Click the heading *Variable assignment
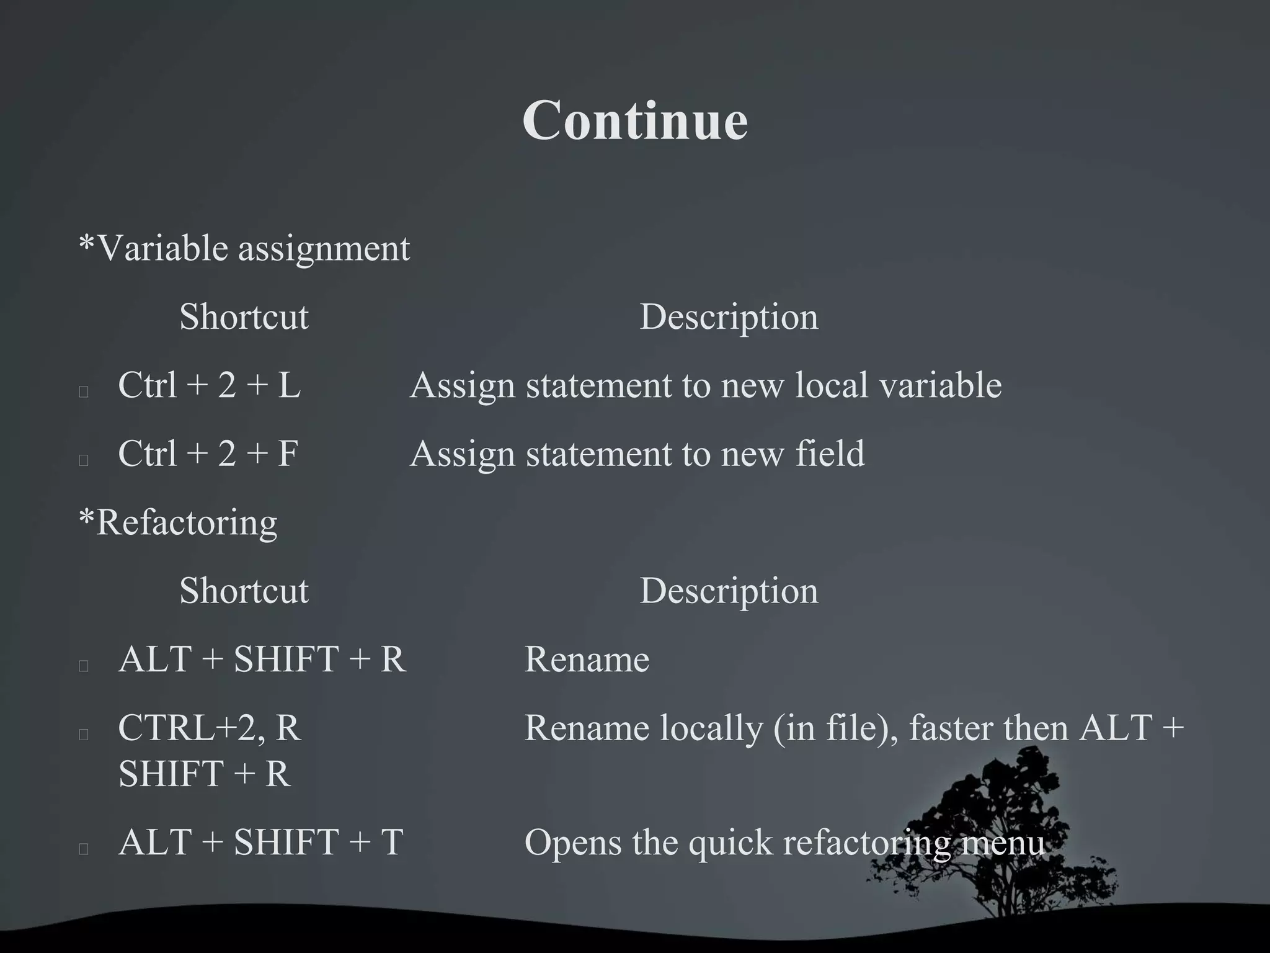244,248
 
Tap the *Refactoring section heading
179,522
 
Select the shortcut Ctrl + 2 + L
209,385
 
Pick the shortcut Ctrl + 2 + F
208,454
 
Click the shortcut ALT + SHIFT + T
260,843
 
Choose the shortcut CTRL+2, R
209,728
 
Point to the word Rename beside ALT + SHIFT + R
587,659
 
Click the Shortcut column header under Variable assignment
244,317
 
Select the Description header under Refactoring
729,591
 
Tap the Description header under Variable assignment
729,317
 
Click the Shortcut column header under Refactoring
244,591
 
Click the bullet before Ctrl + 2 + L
84,391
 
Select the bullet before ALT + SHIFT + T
84,849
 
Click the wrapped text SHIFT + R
204,774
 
